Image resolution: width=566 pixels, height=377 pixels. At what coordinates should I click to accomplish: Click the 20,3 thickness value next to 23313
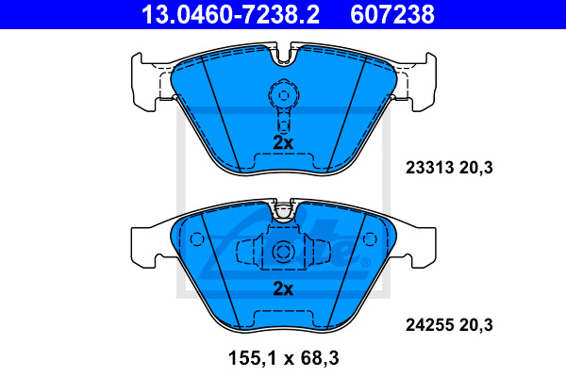tap(477, 169)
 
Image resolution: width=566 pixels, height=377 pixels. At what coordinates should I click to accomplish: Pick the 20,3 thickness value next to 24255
tap(477, 326)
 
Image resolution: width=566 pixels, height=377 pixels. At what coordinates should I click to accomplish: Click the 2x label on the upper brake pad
tap(283, 142)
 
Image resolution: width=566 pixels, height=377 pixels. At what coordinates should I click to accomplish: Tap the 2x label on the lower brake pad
tap(283, 288)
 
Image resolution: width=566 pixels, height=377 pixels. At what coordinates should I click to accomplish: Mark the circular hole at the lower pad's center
tap(283, 253)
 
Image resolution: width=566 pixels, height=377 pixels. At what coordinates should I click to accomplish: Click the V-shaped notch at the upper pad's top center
tap(283, 59)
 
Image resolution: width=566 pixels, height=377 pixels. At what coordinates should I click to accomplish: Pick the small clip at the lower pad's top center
tap(283, 211)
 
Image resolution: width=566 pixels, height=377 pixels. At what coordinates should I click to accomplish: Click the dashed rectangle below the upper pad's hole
tap(283, 121)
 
